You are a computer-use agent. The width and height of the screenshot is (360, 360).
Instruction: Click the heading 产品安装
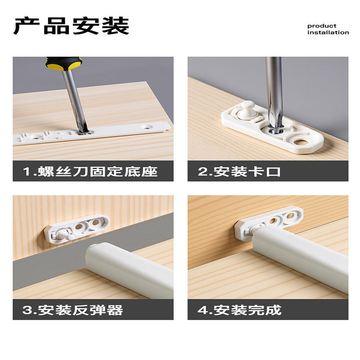[x=71, y=26]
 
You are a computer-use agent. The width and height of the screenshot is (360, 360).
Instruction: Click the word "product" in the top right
[x=322, y=26]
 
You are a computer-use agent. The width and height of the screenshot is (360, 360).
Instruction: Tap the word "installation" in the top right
[x=328, y=32]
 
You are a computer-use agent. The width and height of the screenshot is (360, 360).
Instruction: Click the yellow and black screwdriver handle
[x=64, y=63]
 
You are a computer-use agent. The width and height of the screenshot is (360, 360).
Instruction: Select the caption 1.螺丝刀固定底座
[x=90, y=171]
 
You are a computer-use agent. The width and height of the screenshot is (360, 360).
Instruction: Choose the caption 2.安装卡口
[x=239, y=171]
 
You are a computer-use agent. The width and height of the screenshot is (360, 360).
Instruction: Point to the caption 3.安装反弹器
[x=72, y=310]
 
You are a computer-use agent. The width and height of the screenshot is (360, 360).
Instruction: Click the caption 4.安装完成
[x=239, y=310]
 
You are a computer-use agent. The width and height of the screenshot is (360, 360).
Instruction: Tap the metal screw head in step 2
[x=276, y=131]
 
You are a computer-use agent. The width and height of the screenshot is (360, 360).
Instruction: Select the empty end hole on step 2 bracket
[x=301, y=142]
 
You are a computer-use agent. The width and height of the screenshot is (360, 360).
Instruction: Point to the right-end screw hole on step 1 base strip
[x=147, y=126]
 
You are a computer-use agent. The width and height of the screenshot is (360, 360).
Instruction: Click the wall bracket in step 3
[x=76, y=228]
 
